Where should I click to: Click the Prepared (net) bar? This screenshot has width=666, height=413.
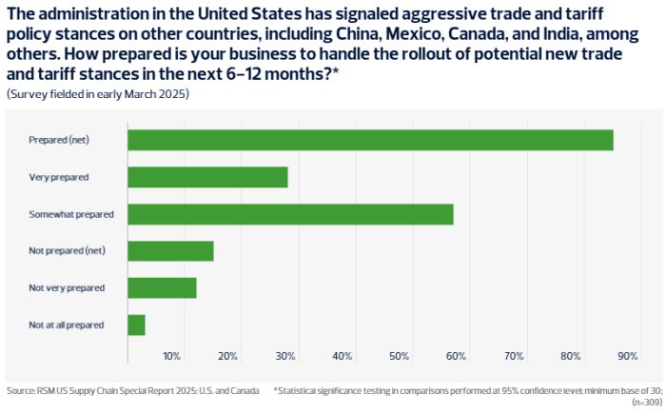point(370,140)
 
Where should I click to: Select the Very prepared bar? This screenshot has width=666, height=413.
point(207,177)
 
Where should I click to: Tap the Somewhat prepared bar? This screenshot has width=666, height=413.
point(290,214)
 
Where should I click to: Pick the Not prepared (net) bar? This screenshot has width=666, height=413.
point(170,251)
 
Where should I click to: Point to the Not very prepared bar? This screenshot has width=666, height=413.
point(162,287)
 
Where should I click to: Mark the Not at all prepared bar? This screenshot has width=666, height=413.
point(136,324)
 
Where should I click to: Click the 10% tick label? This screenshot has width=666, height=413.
point(171,356)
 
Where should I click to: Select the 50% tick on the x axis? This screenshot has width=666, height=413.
point(400,356)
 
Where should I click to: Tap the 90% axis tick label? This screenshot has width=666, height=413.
point(627,356)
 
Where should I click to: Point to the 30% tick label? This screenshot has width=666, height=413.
point(285,356)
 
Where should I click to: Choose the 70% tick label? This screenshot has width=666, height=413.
point(514,356)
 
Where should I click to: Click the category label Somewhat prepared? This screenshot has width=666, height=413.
point(71,214)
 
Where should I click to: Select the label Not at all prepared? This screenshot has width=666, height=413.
point(67,324)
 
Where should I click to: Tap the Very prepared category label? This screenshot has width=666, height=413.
point(59,177)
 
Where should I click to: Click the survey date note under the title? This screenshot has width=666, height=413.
point(98,94)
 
